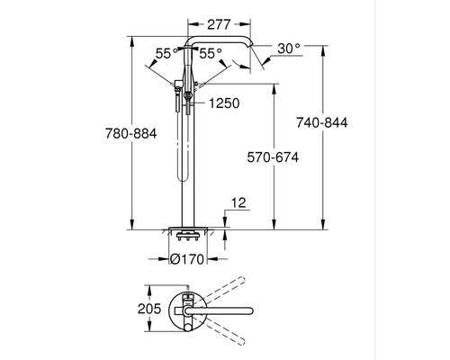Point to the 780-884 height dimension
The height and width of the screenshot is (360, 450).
click(132, 133)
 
